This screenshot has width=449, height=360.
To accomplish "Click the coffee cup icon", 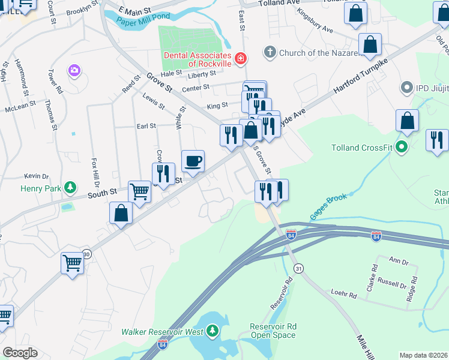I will pyautogui.click(x=193, y=161).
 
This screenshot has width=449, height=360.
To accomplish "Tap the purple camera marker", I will pyautogui.click(x=74, y=71).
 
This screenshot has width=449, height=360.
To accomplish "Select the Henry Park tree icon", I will pyautogui.click(x=71, y=188).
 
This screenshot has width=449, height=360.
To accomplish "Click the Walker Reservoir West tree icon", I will pyautogui.click(x=212, y=331).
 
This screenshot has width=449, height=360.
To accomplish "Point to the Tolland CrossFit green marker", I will pyautogui.click(x=403, y=146).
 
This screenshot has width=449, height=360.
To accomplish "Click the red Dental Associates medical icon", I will pyautogui.click(x=240, y=58).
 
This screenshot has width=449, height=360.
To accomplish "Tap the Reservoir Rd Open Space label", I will pyautogui.click(x=273, y=331).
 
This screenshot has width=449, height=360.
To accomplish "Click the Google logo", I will pyautogui.click(x=20, y=353).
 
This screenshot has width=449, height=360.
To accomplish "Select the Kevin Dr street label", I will pyautogui.click(x=36, y=176).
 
